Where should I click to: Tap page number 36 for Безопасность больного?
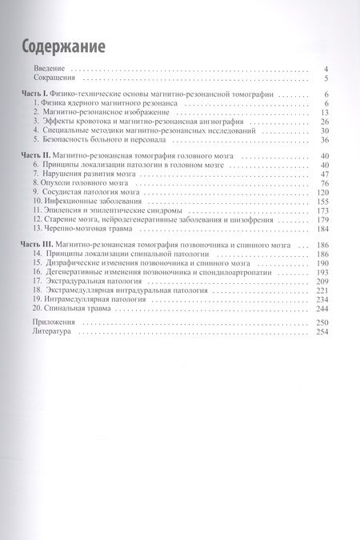pyautogui.click(x=326, y=139)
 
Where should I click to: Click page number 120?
pyautogui.click(x=323, y=193)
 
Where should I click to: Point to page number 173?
pyautogui.click(x=323, y=211)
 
